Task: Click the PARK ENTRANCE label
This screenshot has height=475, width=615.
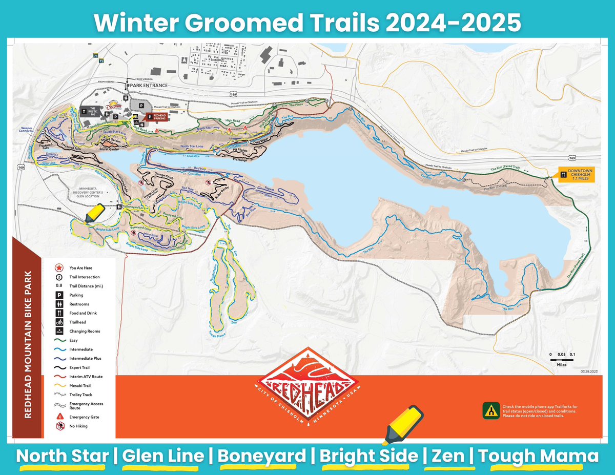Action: pyautogui.click(x=149, y=85)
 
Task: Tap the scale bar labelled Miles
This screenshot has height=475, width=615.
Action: pyautogui.click(x=562, y=360)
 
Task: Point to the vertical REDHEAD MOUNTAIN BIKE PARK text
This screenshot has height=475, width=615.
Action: pyautogui.click(x=29, y=343)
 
